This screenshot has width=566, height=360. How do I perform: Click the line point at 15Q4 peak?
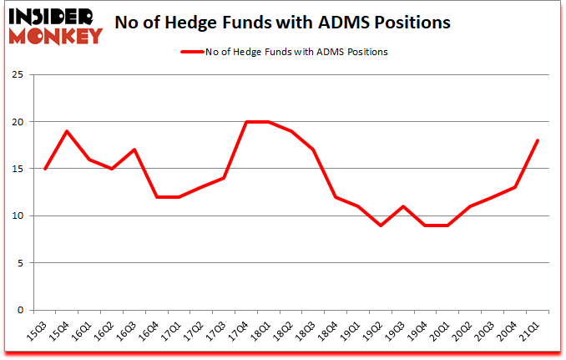point(67,131)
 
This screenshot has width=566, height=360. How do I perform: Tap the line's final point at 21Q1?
point(538,140)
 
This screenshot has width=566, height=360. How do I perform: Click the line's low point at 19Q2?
point(381,226)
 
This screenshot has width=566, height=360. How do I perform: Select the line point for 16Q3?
point(134,150)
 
